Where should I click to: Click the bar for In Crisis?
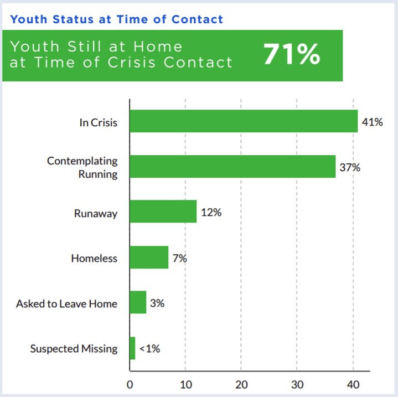point(244,121)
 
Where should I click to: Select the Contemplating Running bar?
point(232,167)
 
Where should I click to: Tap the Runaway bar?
point(163,212)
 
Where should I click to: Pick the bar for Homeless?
point(149,257)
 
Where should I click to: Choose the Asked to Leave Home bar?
point(138,302)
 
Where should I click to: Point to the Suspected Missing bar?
point(132,348)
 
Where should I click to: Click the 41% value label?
point(373,122)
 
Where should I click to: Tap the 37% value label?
point(350,168)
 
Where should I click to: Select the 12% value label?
point(211,213)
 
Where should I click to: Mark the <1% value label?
point(150,349)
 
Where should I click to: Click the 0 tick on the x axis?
point(130,385)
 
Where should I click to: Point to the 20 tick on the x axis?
point(241,385)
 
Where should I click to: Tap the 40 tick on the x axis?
point(353,385)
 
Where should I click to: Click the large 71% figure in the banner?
point(292,54)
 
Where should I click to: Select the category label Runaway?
point(96,214)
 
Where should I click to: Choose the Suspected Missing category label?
point(74,349)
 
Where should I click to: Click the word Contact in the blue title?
point(197,19)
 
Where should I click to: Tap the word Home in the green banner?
point(158,47)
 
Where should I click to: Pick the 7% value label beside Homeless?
point(180,259)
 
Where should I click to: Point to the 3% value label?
point(157,303)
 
